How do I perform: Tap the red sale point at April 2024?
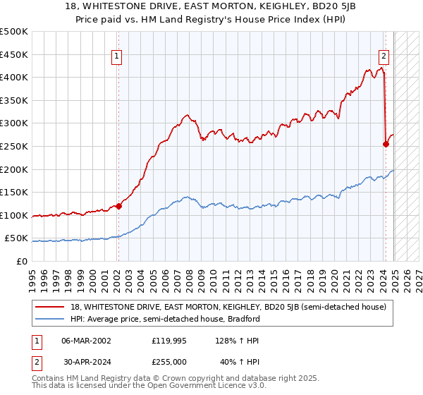click(386, 144)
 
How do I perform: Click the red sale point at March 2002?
click(118, 206)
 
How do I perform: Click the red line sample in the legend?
click(50, 307)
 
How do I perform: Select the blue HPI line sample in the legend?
click(50, 319)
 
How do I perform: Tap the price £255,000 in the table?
click(169, 362)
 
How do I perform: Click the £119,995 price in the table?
click(169, 341)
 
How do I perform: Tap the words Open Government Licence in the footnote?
click(176, 387)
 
